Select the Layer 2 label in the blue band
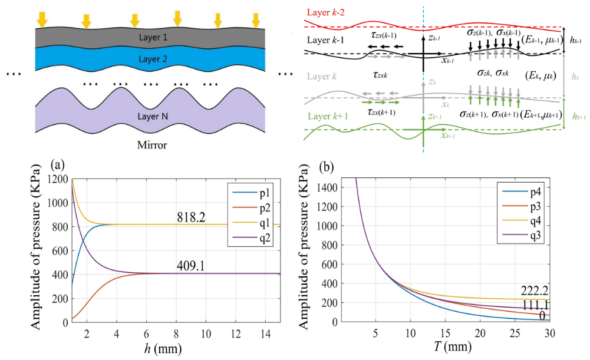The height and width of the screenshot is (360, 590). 153,59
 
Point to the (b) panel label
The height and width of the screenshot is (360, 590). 327,167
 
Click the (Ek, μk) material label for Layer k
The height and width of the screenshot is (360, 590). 540,77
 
